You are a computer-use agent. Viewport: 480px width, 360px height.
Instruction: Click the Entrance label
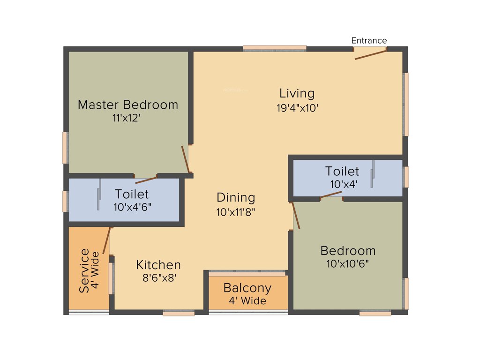(369, 41)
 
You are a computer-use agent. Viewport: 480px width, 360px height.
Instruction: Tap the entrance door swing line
(370, 54)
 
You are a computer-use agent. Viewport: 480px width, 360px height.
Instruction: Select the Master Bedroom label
(128, 105)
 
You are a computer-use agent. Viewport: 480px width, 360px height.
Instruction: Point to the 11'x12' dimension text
(127, 118)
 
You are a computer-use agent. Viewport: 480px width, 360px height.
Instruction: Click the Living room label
(297, 93)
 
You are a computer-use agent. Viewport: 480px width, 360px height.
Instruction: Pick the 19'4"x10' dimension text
(297, 108)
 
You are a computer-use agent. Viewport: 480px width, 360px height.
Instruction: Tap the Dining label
(236, 197)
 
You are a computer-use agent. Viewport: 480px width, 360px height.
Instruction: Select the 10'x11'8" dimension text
(236, 212)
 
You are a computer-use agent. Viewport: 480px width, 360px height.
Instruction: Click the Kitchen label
(158, 265)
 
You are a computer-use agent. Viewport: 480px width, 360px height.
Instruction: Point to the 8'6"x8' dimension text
(159, 278)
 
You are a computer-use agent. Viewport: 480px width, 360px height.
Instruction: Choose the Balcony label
(247, 287)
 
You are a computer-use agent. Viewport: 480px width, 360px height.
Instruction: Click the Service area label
(84, 271)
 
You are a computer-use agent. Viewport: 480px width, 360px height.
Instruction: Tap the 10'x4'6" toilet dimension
(133, 206)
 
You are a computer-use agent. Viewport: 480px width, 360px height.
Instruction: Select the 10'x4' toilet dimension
(342, 184)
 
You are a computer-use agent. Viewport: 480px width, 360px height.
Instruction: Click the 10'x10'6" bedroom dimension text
(348, 264)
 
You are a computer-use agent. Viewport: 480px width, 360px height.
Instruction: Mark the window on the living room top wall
(275, 48)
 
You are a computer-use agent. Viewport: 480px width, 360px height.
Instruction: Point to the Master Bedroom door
(186, 159)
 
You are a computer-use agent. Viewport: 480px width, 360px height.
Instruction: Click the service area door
(107, 240)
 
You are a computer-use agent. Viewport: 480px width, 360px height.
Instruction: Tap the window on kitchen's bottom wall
(179, 313)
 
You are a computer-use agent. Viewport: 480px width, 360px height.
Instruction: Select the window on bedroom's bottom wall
(375, 313)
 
